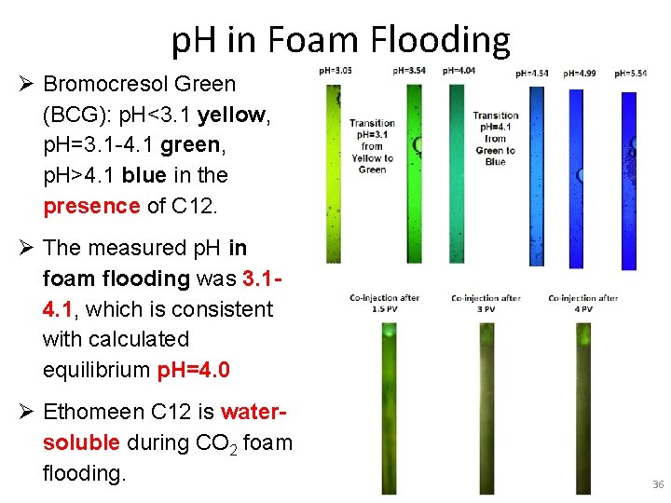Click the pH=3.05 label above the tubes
pos(335,70)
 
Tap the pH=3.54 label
pos(409,70)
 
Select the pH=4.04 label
pos(459,70)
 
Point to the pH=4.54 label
pos(532,73)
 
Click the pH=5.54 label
pos(631,73)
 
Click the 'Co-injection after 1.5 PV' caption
pos(384,303)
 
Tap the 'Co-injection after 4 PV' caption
pos(583,303)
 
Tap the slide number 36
pos(658,484)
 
